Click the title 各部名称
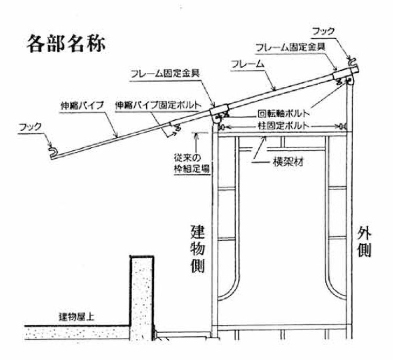67,43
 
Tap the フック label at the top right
324,32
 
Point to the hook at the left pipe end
54,151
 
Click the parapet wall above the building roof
143,298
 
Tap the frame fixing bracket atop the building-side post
220,111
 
